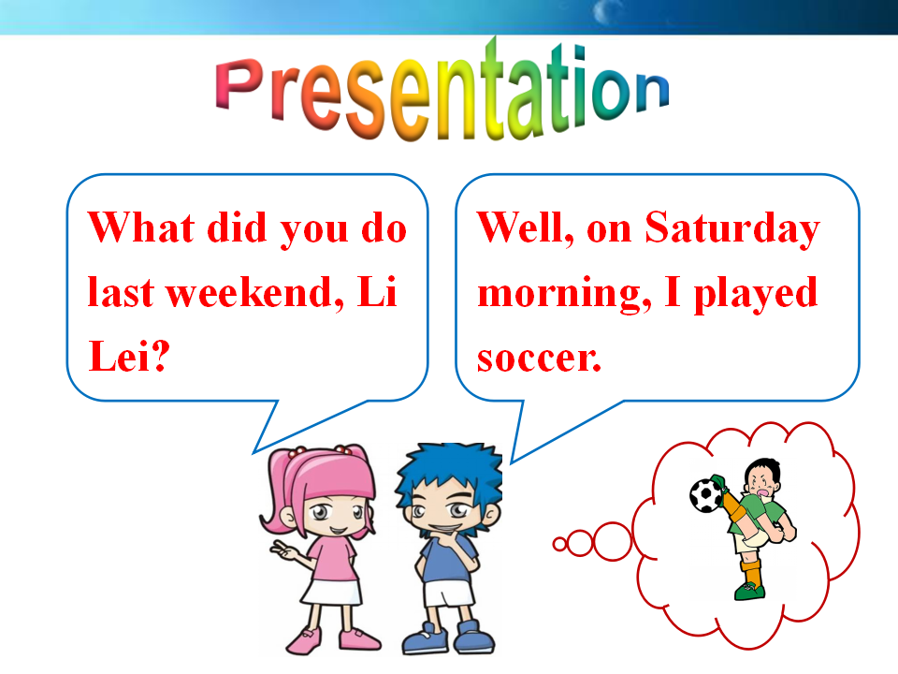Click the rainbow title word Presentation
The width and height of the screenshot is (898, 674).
coord(442,92)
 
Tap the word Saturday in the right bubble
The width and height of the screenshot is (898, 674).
coord(732,229)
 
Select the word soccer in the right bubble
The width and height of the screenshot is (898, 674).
coord(539,359)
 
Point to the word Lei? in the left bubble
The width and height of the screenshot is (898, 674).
coord(129,356)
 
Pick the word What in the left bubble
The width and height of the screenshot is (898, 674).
coord(141,227)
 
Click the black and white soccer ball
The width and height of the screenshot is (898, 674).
coord(707,494)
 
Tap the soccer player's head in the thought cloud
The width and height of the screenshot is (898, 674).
coord(762,478)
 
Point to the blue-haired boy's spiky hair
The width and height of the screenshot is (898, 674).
coord(449,470)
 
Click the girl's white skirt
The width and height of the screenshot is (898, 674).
coord(332,592)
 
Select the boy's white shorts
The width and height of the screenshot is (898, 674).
coord(448,593)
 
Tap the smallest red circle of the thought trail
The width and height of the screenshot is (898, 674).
coord(559,544)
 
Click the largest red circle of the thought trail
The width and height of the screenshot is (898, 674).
coord(613,541)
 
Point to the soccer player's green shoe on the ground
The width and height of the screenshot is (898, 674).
coord(749,591)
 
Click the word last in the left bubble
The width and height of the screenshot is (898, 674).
coord(121,293)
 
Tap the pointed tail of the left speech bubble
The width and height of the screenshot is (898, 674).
coord(254,452)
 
